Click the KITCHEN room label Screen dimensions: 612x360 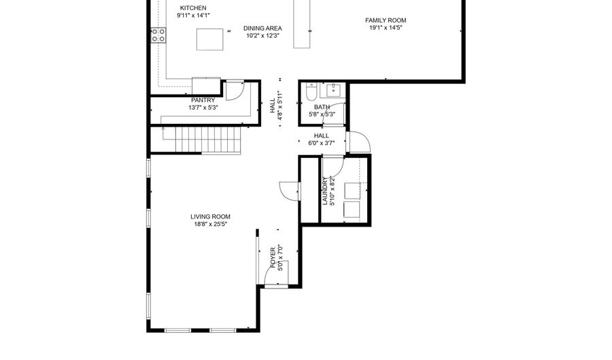pos(193,7)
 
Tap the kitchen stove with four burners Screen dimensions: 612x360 pos(158,35)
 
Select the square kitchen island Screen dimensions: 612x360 pos(210,39)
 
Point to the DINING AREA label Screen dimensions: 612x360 pos(262,28)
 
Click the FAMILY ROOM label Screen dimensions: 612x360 pos(386,20)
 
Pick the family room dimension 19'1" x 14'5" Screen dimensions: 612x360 pos(386,28)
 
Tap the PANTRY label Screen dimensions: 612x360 pos(203,100)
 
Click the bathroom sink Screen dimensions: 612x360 pos(334,91)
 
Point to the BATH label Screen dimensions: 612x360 pos(322,107)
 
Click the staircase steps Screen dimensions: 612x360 pos(207,141)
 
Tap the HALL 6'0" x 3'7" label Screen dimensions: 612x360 pos(322,140)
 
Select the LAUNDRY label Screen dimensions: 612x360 pos(325,191)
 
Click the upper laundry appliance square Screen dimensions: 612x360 pos(352,191)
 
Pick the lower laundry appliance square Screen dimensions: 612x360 pos(352,210)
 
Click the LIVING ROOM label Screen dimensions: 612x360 pos(210,216)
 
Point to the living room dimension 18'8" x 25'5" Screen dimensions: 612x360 pos(210,224)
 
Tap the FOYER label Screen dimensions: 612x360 pos(273,258)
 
